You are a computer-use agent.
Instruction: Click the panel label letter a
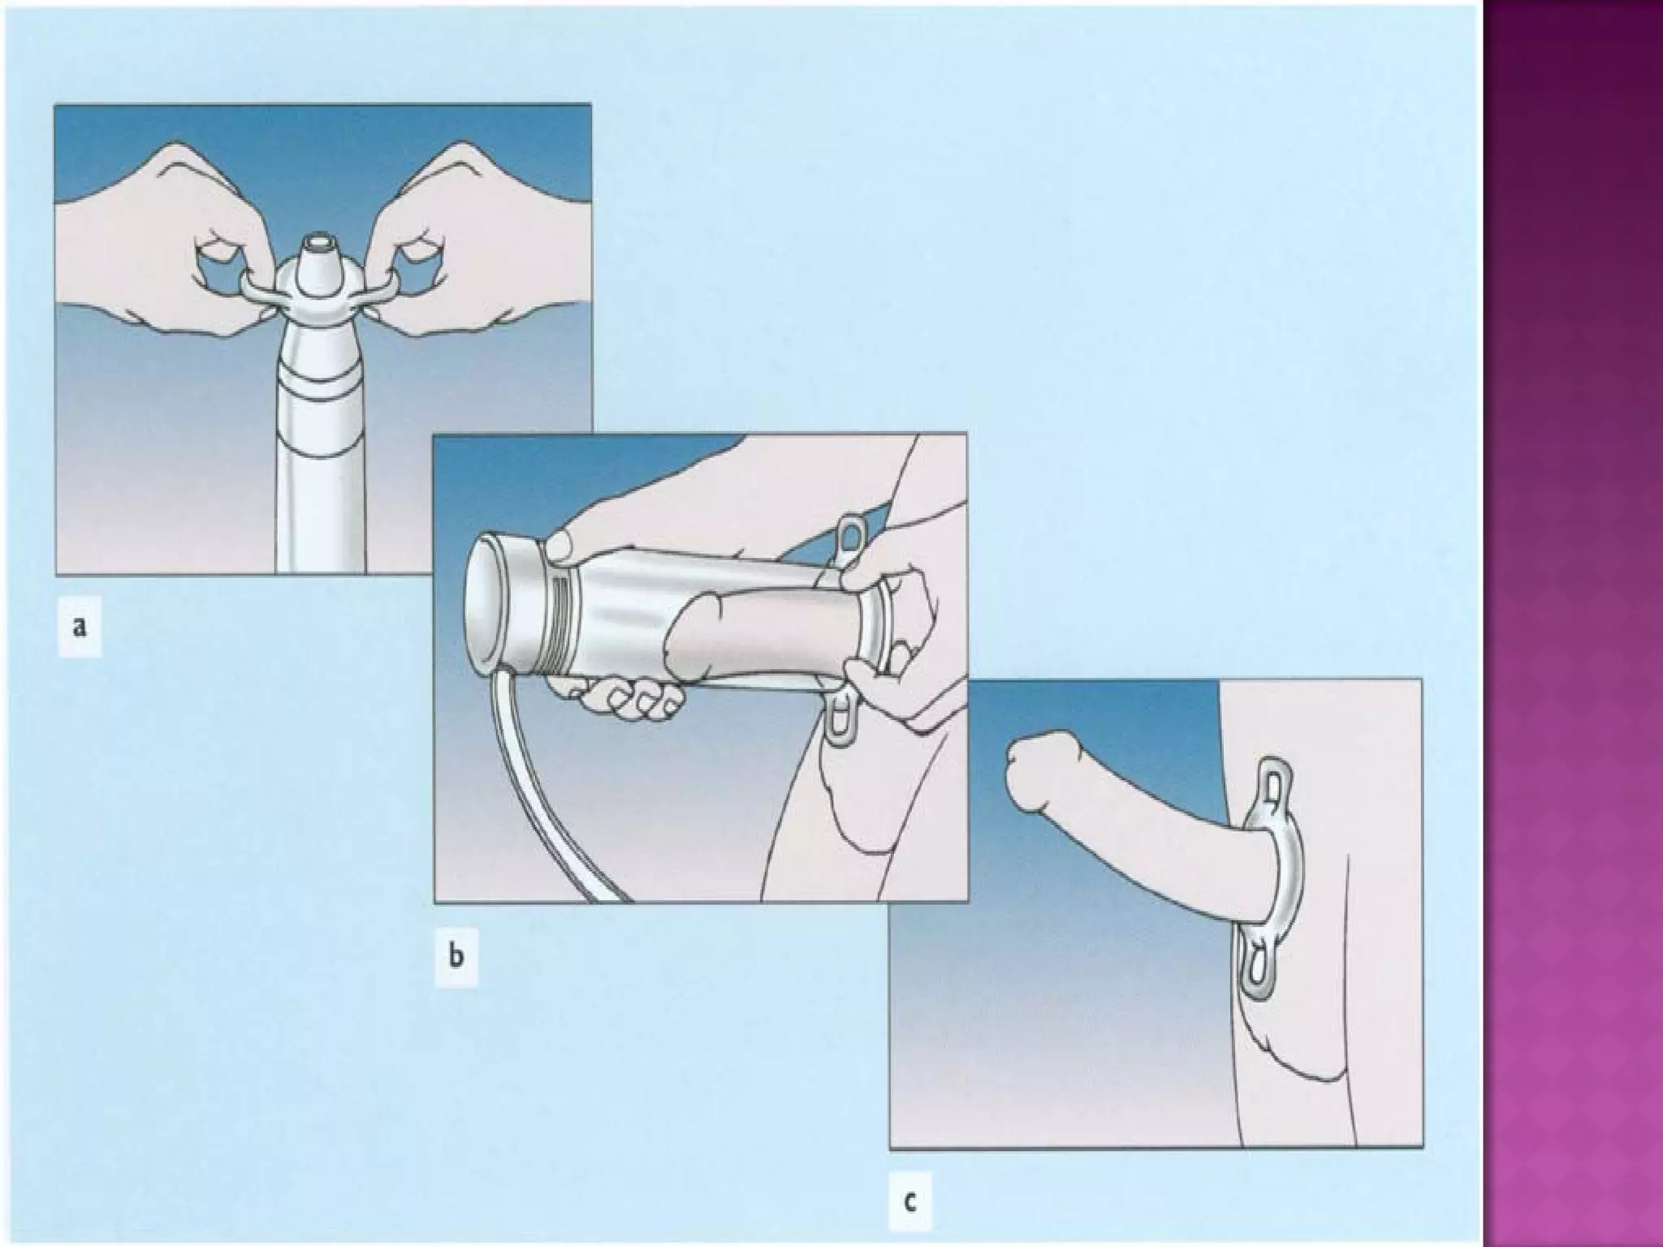80,627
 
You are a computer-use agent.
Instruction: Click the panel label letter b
456,956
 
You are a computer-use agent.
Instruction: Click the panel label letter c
909,1201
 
